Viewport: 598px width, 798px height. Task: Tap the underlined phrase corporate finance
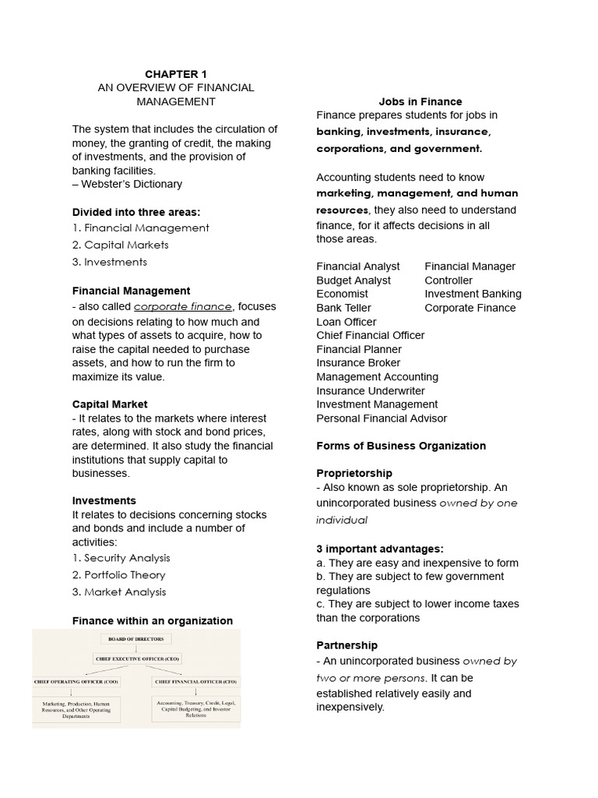(183, 307)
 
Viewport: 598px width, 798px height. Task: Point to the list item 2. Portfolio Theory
(119, 575)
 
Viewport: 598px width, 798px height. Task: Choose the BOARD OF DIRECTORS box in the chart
(136, 639)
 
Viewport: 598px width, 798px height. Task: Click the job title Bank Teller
(343, 308)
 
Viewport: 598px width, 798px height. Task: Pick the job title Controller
(448, 281)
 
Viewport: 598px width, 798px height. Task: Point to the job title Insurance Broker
(358, 363)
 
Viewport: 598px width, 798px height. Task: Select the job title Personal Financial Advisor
(382, 418)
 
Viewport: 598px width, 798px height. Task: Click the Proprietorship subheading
(354, 474)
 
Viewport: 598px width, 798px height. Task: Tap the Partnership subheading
(347, 645)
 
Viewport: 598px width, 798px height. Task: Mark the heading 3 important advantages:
(380, 549)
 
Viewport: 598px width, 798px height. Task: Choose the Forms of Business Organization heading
(401, 446)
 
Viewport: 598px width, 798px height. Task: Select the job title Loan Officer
(346, 322)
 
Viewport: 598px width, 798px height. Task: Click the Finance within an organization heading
(153, 621)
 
